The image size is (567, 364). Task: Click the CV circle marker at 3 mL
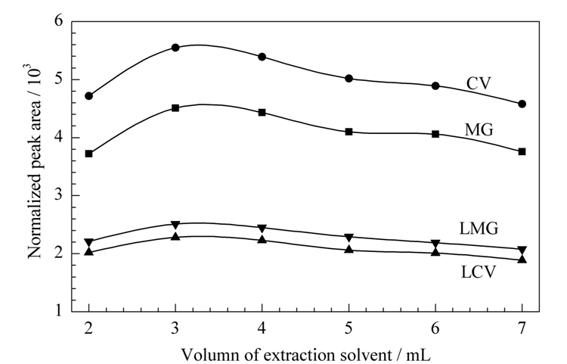click(175, 48)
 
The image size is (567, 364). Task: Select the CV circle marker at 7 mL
click(522, 104)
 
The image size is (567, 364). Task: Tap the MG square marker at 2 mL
click(89, 154)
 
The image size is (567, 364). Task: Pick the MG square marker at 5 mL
click(349, 132)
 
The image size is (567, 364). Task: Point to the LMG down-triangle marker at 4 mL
click(262, 229)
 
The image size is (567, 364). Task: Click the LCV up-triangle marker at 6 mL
click(435, 251)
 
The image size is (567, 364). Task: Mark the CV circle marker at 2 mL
click(89, 96)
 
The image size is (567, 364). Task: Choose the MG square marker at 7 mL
click(522, 151)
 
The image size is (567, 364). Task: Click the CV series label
click(479, 83)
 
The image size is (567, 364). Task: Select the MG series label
click(479, 129)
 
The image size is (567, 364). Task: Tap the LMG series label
click(479, 229)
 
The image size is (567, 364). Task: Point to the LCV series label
click(478, 272)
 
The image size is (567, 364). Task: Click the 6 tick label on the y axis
click(58, 20)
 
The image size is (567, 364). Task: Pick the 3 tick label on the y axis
click(58, 195)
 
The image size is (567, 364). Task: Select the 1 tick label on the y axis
click(58, 310)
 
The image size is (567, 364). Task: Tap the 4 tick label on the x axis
click(262, 328)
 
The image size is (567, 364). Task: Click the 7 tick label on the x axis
click(522, 328)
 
